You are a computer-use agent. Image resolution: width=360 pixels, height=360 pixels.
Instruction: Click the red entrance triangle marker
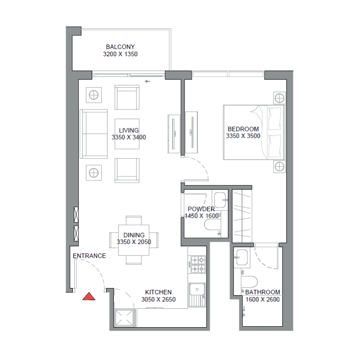coord(89,297)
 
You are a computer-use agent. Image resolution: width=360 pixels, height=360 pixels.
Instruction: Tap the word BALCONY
coord(120,47)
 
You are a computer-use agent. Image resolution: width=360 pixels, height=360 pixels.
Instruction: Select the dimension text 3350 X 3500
coord(243,136)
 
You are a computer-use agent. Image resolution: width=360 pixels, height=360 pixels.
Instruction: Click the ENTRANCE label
coord(89,256)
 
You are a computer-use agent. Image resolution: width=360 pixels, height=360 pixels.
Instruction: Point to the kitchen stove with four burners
coord(197,264)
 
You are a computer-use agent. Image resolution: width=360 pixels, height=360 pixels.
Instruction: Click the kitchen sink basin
coord(197,290)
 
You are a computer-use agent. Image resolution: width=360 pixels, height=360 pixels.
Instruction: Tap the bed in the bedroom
coord(254,132)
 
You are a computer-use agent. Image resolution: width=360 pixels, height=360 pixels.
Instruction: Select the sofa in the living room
coord(94,134)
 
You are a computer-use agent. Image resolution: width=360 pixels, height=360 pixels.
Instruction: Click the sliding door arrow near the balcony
coord(148,81)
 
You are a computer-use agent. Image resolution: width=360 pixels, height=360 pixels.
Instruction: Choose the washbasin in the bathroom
coord(242,257)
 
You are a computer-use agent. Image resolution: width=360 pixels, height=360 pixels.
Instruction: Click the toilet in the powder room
coord(212,225)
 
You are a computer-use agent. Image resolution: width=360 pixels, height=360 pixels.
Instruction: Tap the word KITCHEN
coord(158,292)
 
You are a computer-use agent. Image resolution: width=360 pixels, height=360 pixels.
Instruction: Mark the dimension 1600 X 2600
coord(263,299)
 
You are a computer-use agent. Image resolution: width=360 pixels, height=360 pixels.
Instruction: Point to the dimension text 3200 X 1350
coord(120,54)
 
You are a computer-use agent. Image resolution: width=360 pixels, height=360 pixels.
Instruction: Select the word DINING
coord(134,235)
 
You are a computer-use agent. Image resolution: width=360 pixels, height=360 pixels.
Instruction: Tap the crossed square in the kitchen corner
coord(124,318)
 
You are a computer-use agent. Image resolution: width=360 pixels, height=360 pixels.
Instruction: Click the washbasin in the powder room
coord(220,200)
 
